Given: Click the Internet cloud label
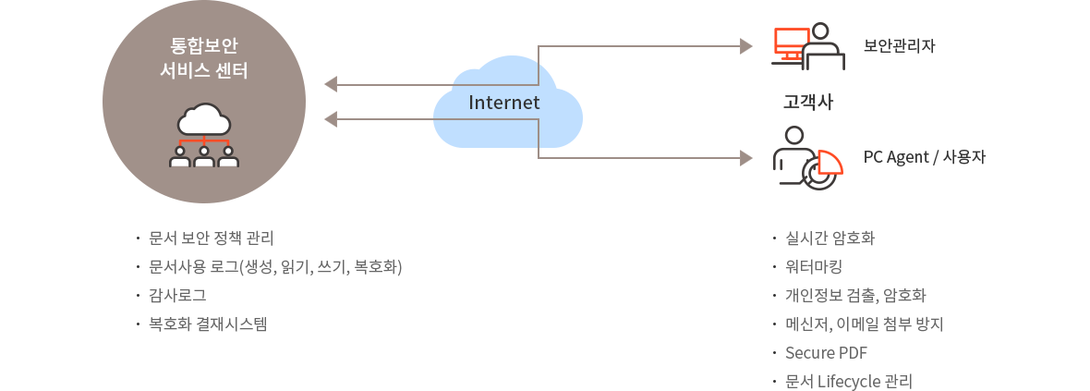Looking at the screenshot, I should tap(503, 102).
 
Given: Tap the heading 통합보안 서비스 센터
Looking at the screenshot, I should tap(204, 57).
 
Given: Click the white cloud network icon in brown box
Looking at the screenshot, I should tap(204, 136).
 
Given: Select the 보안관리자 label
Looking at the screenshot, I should tap(899, 45).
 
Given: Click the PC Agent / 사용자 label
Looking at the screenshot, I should tap(924, 157).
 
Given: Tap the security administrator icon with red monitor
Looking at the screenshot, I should tap(808, 46).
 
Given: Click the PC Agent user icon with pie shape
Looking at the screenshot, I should tap(808, 158).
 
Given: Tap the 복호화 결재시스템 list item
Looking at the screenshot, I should tap(207, 324).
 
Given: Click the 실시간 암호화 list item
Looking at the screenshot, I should tap(830, 238).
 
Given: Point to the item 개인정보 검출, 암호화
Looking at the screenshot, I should tap(855, 296).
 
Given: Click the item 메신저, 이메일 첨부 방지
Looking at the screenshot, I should tap(863, 324).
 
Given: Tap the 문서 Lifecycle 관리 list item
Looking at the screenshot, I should tap(848, 381).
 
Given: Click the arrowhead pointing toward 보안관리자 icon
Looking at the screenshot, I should tap(747, 44).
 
